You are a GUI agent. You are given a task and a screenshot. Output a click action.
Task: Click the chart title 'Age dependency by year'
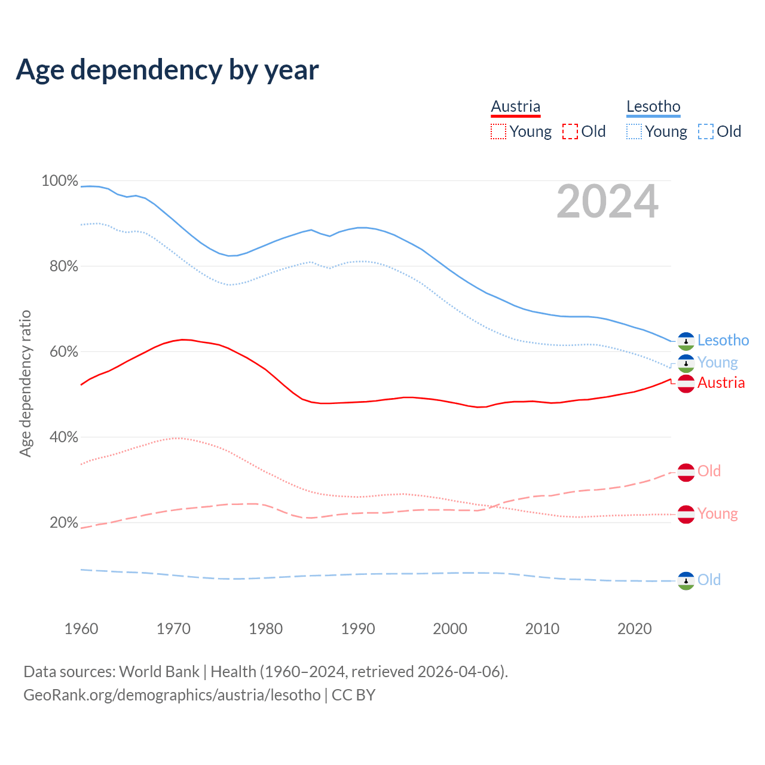[167, 70]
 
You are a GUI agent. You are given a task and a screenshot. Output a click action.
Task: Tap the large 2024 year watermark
[607, 202]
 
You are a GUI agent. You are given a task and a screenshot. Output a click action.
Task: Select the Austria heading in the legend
[516, 106]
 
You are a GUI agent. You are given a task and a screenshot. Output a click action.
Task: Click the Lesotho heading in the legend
[653, 106]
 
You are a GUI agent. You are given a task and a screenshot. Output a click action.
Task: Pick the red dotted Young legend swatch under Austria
[498, 131]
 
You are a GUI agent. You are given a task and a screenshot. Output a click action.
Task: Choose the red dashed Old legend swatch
[570, 131]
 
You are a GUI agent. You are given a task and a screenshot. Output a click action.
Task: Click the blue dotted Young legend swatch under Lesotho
[634, 131]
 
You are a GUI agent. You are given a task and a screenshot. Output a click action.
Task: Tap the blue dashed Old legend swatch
[706, 131]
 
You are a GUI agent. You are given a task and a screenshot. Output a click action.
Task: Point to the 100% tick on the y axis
[60, 180]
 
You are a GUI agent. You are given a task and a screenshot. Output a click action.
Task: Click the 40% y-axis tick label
[63, 437]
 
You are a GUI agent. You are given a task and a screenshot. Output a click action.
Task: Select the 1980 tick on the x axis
[266, 629]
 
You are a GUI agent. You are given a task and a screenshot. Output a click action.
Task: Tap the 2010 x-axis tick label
[542, 629]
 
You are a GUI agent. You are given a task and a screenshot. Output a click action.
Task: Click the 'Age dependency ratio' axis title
[25, 383]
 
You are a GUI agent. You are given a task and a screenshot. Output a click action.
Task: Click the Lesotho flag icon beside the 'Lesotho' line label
[686, 341]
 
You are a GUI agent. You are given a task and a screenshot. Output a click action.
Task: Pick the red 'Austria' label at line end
[721, 383]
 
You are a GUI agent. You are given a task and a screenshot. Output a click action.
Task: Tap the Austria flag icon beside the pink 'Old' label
[686, 472]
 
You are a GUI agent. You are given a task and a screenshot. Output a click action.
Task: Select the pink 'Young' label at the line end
[717, 514]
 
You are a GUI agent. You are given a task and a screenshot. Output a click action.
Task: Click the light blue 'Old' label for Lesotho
[709, 580]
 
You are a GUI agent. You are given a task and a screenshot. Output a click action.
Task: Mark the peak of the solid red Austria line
[183, 339]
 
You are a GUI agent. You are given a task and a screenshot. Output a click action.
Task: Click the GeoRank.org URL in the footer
[172, 695]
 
